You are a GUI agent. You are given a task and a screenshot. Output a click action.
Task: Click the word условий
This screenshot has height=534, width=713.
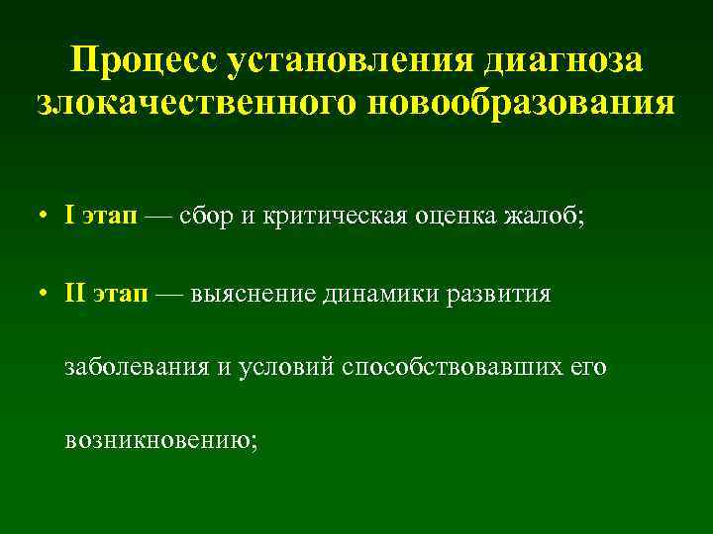click(280, 368)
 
